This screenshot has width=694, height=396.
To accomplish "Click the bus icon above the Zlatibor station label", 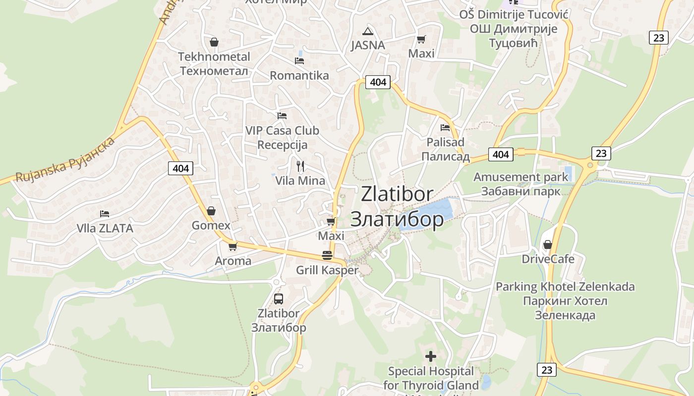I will point(279,298).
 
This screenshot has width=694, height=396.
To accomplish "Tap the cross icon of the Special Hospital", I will point(431,356).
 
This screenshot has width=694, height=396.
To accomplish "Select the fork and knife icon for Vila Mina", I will point(300,166).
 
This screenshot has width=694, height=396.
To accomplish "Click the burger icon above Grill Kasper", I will point(327,255).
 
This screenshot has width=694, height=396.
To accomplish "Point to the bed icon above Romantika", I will point(299,60).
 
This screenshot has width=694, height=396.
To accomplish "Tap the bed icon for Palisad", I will point(445,127).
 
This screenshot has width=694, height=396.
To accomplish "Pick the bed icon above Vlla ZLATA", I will point(105,214).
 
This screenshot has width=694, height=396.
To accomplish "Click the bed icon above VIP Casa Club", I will point(282,116).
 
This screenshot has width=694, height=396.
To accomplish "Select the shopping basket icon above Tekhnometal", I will point(214,42).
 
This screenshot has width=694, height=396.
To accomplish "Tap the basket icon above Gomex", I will point(211,211).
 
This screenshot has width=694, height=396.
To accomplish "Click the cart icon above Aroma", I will point(232,246).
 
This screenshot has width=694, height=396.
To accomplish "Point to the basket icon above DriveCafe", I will point(548,245).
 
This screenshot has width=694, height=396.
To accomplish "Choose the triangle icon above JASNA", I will point(367,31).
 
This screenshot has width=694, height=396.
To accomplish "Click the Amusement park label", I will point(520,177).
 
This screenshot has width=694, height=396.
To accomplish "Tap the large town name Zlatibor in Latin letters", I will point(397,194).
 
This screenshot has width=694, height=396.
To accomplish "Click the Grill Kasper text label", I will point(327,270).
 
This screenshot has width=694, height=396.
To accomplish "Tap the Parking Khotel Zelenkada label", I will point(565,287).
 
